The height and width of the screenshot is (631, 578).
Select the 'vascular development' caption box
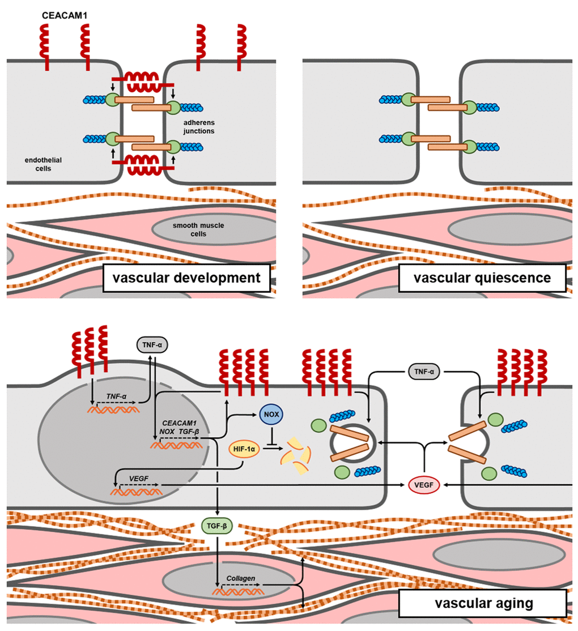point(186,278)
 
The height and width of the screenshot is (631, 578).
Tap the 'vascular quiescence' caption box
point(482,278)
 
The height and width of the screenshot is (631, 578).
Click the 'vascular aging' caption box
point(482,603)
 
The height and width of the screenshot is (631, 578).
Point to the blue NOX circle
point(269,414)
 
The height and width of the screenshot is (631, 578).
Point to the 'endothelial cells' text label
point(39,164)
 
